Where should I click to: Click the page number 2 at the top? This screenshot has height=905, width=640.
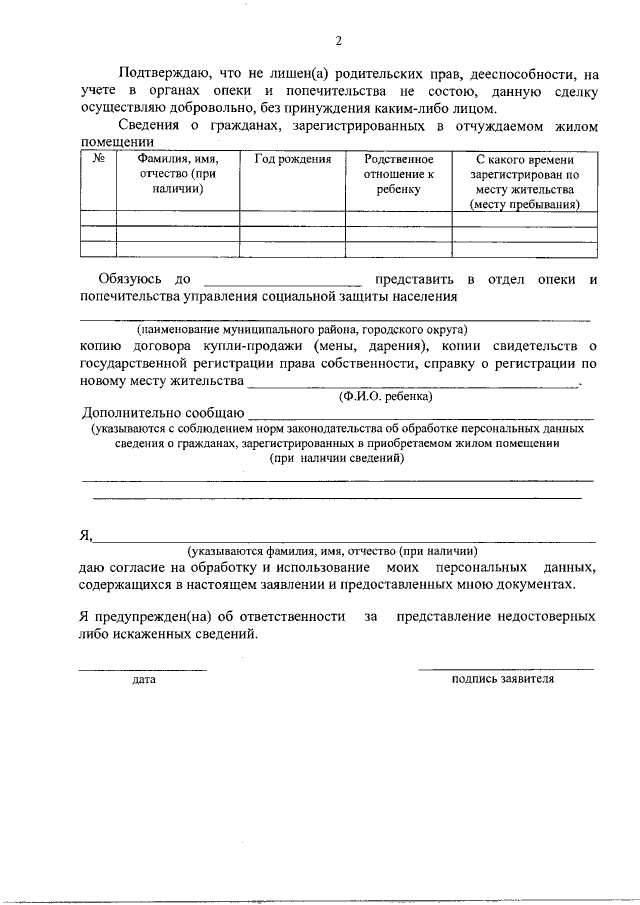click(x=338, y=41)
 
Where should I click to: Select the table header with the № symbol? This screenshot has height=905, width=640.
click(x=98, y=159)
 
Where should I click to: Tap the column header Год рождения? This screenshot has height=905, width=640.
click(x=292, y=159)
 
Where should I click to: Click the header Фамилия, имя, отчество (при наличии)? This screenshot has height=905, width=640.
click(x=178, y=174)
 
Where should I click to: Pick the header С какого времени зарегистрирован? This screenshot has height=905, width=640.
click(x=524, y=181)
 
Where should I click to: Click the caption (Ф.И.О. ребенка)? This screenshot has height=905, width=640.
click(x=386, y=397)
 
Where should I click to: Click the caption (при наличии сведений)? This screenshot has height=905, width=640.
click(x=336, y=457)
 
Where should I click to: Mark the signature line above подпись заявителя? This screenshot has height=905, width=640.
click(x=505, y=668)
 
